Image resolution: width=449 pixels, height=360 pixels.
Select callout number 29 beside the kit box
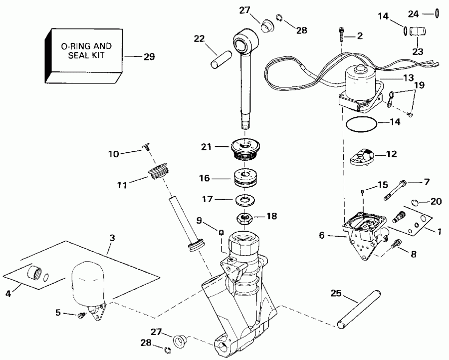(149, 57)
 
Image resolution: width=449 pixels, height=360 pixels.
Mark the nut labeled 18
(244, 218)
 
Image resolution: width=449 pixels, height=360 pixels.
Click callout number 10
(114, 154)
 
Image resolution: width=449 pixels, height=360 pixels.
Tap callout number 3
(112, 238)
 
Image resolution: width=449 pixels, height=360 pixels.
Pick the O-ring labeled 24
(437, 13)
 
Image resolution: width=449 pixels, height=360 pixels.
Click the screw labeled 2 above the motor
(340, 33)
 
